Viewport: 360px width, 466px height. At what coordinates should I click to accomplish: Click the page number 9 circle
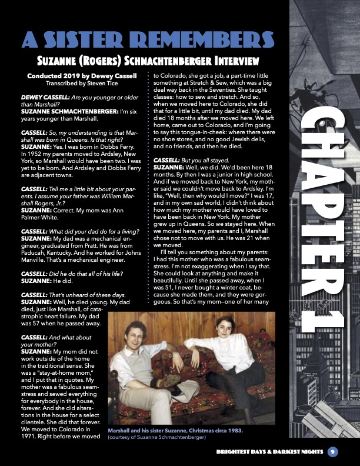[x=332, y=452]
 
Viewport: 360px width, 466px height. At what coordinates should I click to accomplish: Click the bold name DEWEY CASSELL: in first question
[x=45, y=96]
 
